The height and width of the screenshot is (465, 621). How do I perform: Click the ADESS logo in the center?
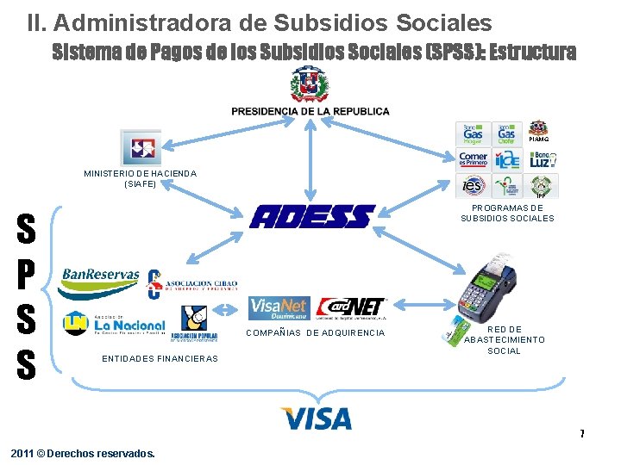[312, 216]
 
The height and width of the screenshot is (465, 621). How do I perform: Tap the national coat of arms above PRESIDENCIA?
[309, 85]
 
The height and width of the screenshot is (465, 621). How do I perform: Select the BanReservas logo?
[100, 276]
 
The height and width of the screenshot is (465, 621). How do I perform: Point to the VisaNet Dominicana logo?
[279, 308]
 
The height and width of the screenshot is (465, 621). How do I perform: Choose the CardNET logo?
[352, 307]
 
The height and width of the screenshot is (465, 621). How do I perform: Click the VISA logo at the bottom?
[316, 419]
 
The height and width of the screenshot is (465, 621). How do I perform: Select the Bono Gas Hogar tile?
[473, 133]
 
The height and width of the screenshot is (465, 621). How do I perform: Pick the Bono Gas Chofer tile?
[506, 133]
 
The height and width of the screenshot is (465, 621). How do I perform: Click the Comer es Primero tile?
[474, 159]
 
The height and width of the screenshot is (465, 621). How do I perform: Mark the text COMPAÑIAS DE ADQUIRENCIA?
[316, 333]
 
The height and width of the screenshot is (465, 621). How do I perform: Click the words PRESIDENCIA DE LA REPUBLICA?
[310, 111]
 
